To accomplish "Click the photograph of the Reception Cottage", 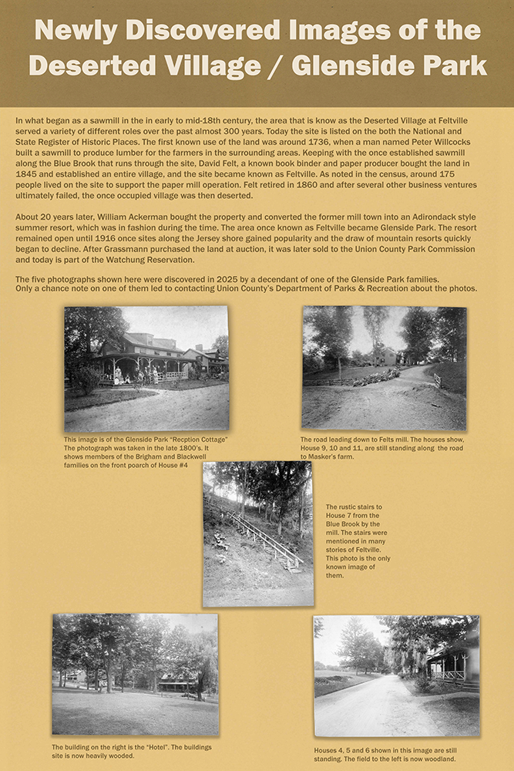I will pyautogui.click(x=146, y=369).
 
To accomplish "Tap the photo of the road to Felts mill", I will pyautogui.click(x=384, y=368).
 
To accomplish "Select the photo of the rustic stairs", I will pyautogui.click(x=258, y=534).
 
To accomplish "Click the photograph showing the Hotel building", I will pyautogui.click(x=135, y=674).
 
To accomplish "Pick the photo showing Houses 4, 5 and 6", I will pyautogui.click(x=396, y=675).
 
